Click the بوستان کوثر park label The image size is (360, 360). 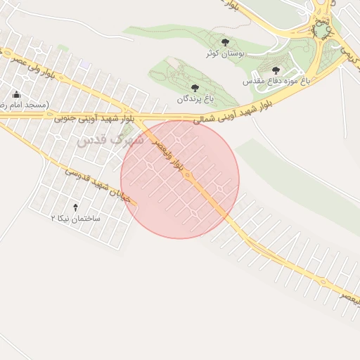225,53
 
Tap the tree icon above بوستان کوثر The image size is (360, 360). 225,43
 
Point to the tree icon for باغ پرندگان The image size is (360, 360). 195,88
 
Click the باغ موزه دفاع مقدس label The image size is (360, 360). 276,82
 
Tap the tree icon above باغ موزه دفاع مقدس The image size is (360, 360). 276,70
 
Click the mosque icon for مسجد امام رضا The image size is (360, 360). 15,94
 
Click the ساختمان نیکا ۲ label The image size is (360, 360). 76,218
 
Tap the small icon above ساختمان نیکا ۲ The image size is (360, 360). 76,207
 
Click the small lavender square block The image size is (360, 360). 85,64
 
